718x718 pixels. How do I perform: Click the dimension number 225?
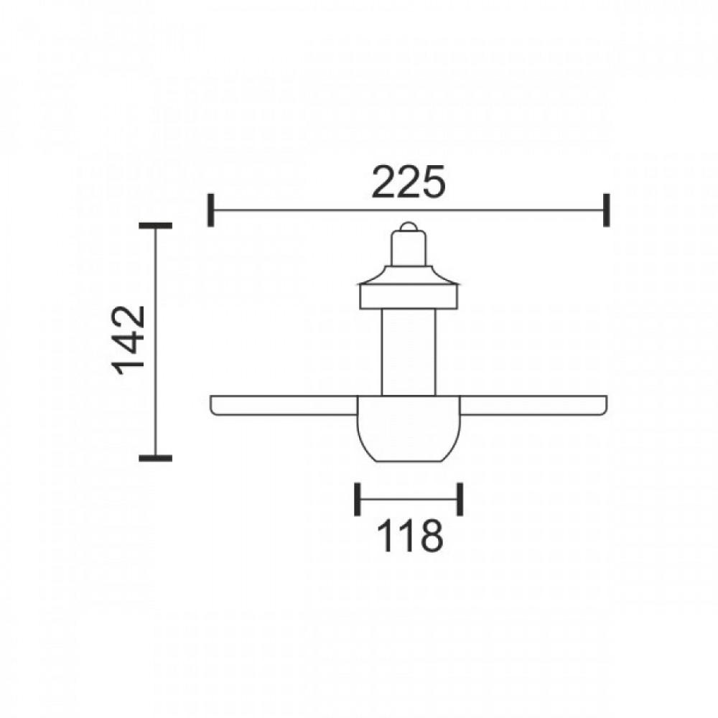tap(408, 182)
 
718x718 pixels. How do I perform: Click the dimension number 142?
tap(129, 340)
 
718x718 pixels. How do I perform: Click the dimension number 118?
tap(410, 536)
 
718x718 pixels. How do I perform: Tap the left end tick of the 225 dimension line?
tap(210, 210)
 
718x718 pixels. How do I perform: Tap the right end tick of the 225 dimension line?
tap(606, 210)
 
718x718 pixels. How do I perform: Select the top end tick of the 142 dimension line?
tap(156, 225)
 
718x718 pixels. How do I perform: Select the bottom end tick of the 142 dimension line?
tap(156, 458)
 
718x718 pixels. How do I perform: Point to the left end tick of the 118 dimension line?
tap(357, 499)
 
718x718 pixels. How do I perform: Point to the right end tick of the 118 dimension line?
tap(460, 499)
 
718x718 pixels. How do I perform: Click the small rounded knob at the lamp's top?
tap(408, 226)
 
